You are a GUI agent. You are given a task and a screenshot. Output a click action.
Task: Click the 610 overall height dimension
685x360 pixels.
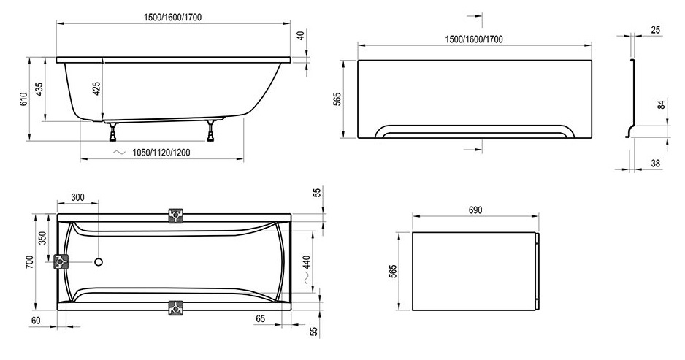[23, 99]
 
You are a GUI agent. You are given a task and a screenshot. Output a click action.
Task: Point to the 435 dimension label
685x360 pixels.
[39, 89]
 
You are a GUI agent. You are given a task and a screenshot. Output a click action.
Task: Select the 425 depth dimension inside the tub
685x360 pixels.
[96, 89]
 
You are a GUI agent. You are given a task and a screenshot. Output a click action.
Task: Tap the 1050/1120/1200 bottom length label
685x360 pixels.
[161, 153]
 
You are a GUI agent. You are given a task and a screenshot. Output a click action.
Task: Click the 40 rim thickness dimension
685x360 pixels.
[300, 35]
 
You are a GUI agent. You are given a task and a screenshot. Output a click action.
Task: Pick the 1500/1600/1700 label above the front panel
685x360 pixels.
[474, 39]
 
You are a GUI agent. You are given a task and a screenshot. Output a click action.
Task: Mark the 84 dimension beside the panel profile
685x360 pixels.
[662, 105]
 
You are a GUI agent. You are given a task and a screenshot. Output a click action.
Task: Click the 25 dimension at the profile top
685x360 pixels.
[655, 30]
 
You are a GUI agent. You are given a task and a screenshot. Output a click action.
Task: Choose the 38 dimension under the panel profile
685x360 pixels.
[655, 164]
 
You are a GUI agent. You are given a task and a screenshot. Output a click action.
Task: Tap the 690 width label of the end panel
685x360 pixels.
[475, 210]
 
